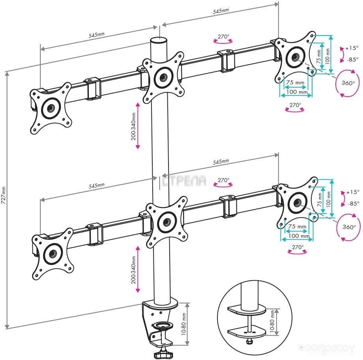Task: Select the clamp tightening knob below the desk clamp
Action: pyautogui.click(x=162, y=354)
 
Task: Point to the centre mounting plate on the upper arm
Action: pyautogui.click(x=163, y=76)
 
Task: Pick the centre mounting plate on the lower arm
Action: pyautogui.click(x=166, y=221)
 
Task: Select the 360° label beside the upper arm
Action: pyautogui.click(x=348, y=83)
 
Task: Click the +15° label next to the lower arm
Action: pyautogui.click(x=352, y=192)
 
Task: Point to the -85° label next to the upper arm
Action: pyautogui.click(x=353, y=60)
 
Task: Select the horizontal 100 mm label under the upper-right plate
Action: pyautogui.click(x=297, y=92)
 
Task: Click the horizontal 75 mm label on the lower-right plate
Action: pyautogui.click(x=297, y=227)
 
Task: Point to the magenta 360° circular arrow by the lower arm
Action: pyautogui.click(x=346, y=227)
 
